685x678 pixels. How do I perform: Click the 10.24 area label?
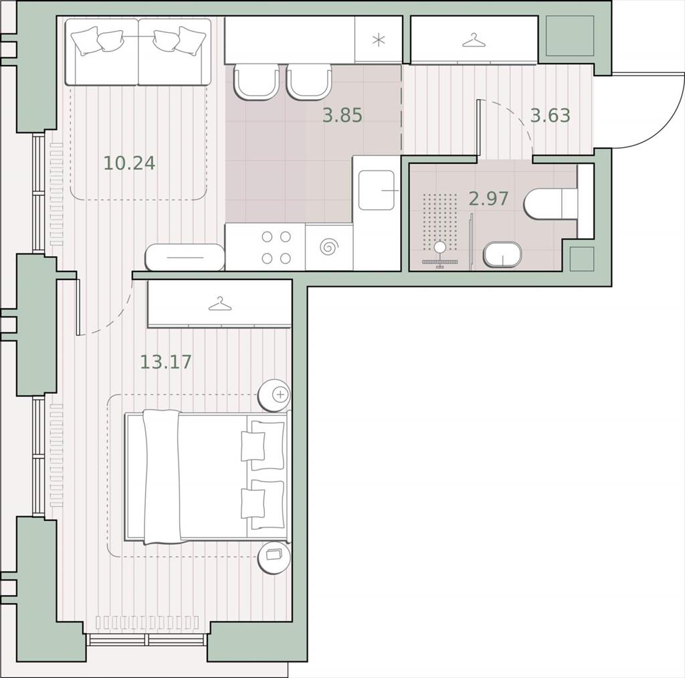click(129, 163)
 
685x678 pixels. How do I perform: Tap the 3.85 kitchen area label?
click(342, 115)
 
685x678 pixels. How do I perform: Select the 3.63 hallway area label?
click(550, 115)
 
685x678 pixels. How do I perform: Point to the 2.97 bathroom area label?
click(488, 199)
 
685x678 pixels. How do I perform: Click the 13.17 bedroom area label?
click(166, 362)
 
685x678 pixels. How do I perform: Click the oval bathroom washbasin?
click(502, 254)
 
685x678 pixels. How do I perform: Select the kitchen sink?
click(377, 191)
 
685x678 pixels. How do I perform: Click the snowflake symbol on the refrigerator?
click(379, 41)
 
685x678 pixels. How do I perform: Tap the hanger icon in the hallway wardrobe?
click(474, 40)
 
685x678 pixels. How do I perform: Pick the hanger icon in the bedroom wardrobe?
click(219, 304)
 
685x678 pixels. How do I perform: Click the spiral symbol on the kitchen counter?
click(329, 247)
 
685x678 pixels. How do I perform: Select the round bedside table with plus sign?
click(274, 394)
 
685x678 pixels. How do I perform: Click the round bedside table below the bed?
click(274, 558)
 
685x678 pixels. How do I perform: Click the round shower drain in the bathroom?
click(440, 247)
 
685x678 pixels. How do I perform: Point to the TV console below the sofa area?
click(185, 257)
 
